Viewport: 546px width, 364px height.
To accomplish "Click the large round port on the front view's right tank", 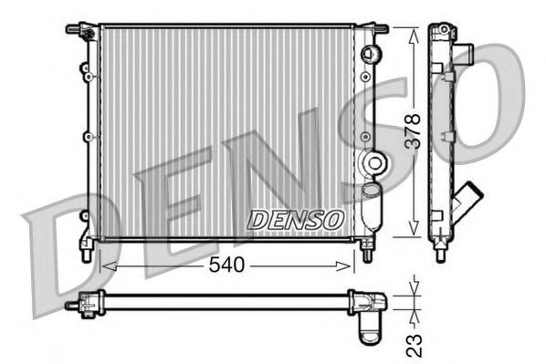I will coord(373,164).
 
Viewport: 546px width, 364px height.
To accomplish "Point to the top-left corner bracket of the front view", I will coord(82,30).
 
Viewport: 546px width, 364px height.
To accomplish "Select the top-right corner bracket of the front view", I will coord(374,30).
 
